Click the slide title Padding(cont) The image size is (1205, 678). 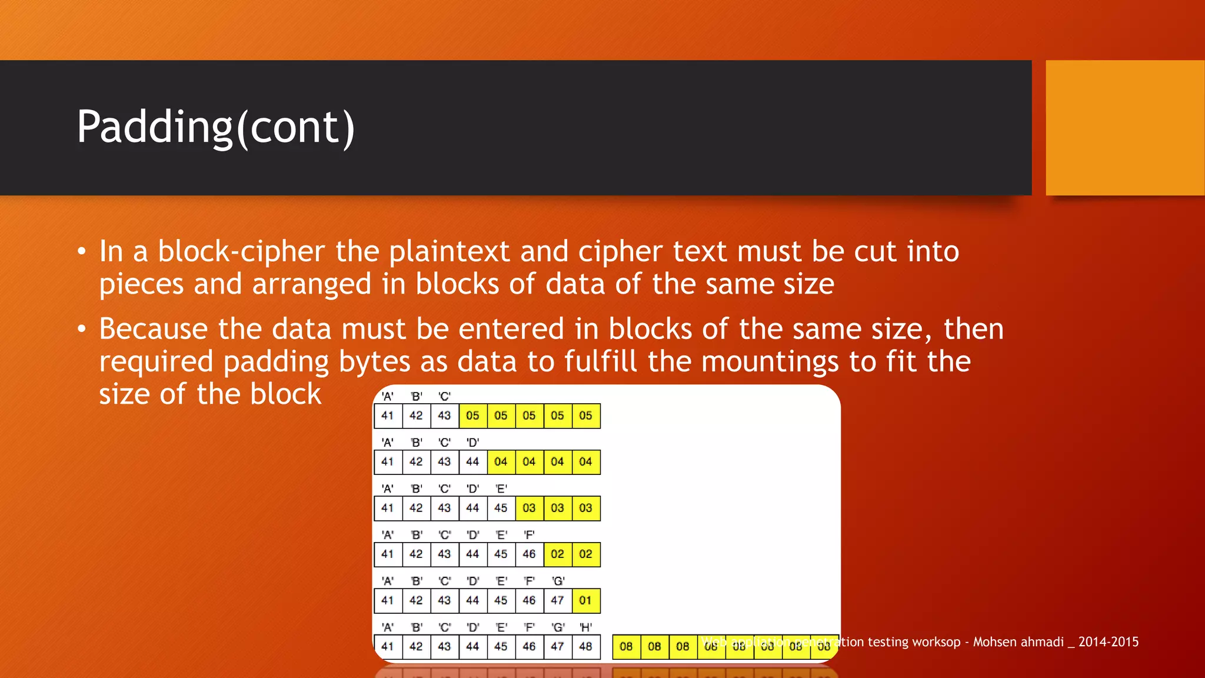(215, 127)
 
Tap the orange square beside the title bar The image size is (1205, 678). (1124, 128)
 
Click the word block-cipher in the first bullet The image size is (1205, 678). (241, 251)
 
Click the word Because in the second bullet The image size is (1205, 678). (153, 329)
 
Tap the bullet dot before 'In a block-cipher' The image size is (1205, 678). (82, 252)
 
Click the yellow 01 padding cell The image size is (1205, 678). (585, 600)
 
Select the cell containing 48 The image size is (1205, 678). (585, 646)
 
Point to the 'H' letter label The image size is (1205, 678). (585, 627)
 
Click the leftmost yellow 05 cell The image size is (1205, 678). (472, 416)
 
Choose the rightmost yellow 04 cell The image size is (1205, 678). (585, 461)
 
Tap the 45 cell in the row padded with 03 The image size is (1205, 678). (501, 508)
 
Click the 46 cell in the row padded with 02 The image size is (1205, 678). (529, 554)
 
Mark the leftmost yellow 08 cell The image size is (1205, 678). (626, 646)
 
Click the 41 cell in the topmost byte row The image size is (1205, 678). (388, 416)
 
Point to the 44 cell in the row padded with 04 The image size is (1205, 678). (472, 461)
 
